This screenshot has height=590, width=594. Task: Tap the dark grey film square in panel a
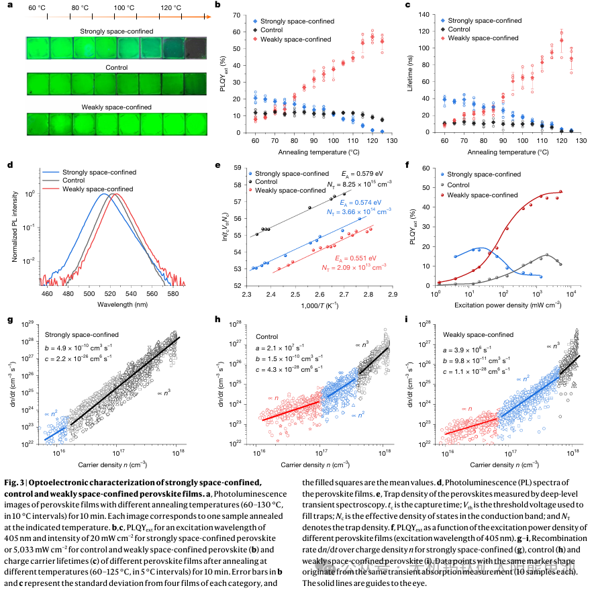point(193,48)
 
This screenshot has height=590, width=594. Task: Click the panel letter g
point(9,320)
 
